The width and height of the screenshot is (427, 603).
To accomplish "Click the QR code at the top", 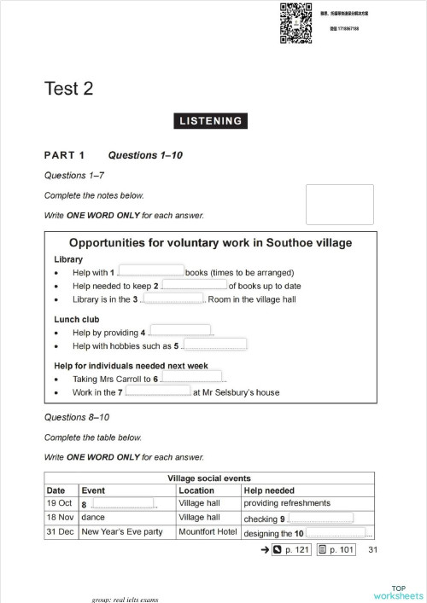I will (295, 22).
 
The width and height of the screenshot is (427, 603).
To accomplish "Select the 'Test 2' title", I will (69, 89).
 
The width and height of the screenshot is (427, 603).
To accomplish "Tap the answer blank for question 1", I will (149, 271).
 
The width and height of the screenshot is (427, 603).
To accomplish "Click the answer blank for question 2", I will (194, 285).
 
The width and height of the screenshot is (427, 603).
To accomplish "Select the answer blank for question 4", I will (180, 331).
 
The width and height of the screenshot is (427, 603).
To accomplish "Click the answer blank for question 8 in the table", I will (120, 504).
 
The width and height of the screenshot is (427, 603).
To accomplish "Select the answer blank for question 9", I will (320, 518).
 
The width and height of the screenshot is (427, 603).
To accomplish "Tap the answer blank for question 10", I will (335, 532).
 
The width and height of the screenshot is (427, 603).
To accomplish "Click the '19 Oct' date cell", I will (59, 504).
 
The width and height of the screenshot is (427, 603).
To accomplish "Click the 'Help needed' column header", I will (269, 490).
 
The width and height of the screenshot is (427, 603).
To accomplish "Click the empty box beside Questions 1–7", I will (339, 205).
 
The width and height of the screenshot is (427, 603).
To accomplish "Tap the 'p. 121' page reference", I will (290, 550).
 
